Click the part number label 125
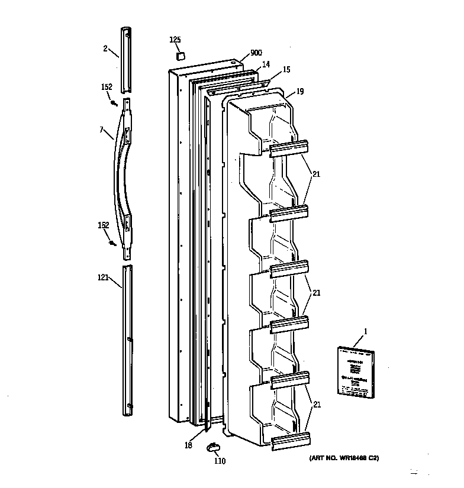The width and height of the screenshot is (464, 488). click(x=175, y=40)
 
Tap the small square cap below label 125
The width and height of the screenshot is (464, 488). click(x=179, y=55)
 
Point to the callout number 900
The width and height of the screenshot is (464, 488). click(x=256, y=53)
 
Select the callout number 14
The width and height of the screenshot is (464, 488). click(x=266, y=63)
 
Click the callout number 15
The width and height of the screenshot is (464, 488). click(x=286, y=70)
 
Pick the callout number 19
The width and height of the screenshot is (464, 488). click(x=300, y=91)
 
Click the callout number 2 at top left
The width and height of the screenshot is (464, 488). click(x=105, y=49)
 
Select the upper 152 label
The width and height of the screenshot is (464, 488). click(x=106, y=87)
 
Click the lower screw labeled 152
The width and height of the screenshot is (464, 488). click(x=112, y=243)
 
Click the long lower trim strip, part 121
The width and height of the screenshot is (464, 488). click(x=128, y=340)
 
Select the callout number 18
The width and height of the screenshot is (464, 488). click(x=188, y=445)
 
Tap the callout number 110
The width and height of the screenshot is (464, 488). click(x=220, y=461)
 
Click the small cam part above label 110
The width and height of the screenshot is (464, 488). click(x=212, y=447)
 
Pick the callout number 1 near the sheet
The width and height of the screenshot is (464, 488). click(x=365, y=331)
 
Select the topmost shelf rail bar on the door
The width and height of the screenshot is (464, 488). click(x=289, y=148)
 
